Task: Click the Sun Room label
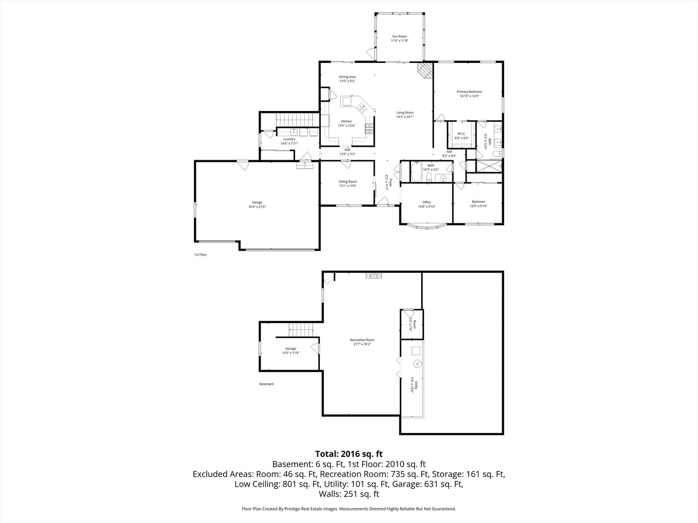point(399,36)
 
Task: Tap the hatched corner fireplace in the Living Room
point(425,70)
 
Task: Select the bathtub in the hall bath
point(417,171)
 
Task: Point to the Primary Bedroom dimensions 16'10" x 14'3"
point(469,96)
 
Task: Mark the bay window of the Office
point(426,226)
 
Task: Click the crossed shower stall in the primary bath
point(489,165)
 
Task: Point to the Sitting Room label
point(348,182)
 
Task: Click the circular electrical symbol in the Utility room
point(416,364)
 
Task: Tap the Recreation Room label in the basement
point(362,340)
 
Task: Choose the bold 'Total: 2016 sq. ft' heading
point(349,454)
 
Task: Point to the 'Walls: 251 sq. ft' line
point(349,494)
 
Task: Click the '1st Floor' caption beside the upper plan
point(200,254)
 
